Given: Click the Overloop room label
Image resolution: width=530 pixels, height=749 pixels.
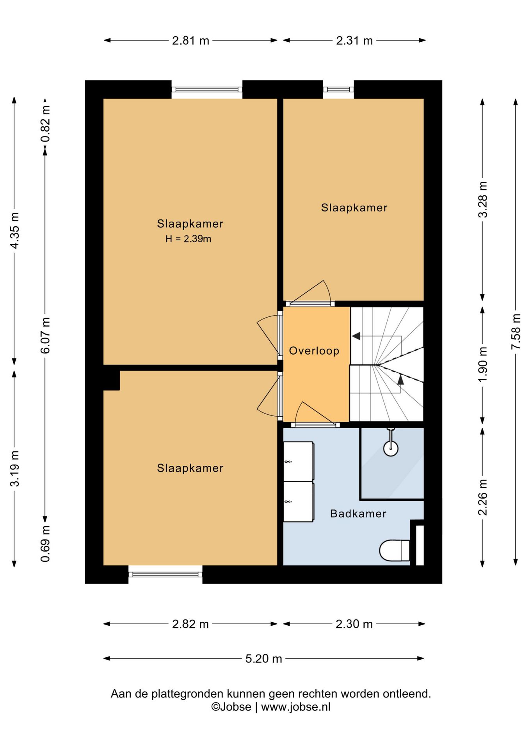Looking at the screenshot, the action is [314, 351].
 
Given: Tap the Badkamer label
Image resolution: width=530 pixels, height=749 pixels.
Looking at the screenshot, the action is [358, 513].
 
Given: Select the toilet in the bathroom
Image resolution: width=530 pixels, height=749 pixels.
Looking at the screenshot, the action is [395, 550].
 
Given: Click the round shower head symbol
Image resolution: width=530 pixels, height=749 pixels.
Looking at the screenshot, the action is [391, 448].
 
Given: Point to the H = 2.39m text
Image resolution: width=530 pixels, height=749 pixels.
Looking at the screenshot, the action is [188, 239].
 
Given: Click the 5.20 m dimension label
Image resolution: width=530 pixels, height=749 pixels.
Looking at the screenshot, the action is [263, 658].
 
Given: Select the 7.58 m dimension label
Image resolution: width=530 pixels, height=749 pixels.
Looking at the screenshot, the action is [516, 332].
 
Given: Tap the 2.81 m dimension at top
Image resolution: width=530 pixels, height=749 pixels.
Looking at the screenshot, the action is [190, 40].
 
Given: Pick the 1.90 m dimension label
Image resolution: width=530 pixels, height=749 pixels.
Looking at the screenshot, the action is [483, 364].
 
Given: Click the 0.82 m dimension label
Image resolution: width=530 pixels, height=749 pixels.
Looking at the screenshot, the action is [46, 124].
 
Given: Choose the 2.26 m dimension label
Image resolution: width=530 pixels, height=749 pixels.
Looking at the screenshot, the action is [483, 497].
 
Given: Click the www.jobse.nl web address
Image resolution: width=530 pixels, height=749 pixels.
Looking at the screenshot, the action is [295, 707].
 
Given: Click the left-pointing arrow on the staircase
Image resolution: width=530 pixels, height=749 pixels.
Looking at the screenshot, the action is [356, 336].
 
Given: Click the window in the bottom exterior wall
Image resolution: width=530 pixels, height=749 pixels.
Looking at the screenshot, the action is [165, 574].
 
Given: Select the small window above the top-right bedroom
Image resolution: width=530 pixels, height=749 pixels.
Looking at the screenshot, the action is [338, 90].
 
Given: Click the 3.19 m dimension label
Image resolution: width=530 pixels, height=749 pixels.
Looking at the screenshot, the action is [14, 468].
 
